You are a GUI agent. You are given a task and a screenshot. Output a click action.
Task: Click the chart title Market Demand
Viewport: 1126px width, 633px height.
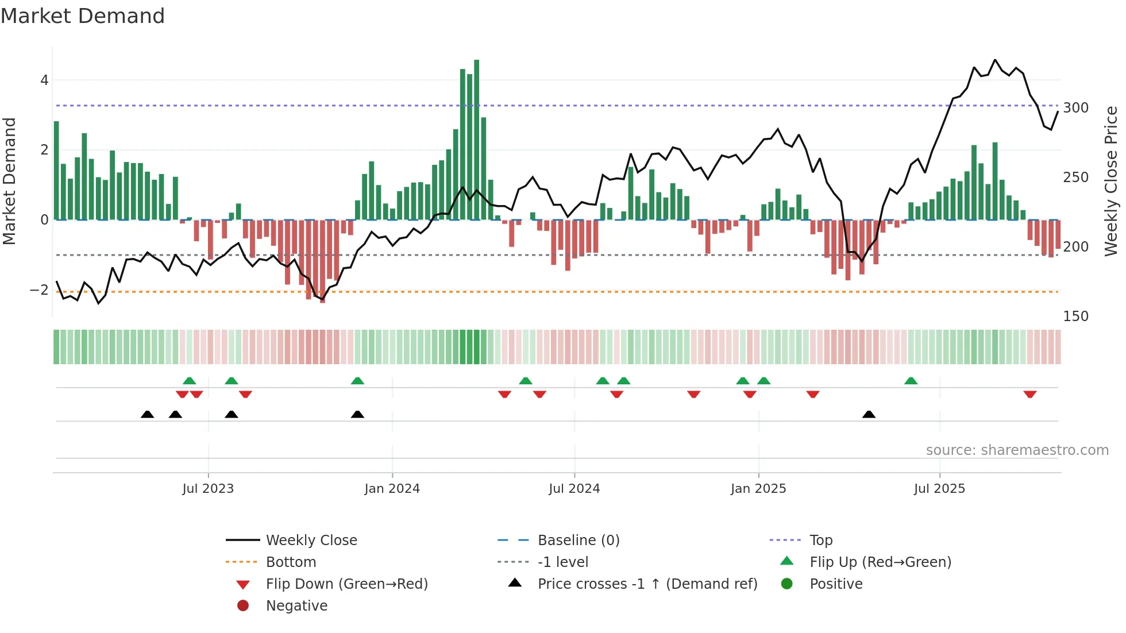pyautogui.click(x=83, y=16)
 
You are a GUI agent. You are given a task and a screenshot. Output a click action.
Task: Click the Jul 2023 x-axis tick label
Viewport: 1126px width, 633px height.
pyautogui.click(x=208, y=489)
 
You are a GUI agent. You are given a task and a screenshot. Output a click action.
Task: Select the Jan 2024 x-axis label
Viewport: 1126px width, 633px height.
pyautogui.click(x=392, y=489)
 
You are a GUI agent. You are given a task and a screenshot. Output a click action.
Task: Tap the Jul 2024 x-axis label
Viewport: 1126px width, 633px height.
pyautogui.click(x=574, y=489)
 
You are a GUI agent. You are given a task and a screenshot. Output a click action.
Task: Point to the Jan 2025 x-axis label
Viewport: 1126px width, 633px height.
pyautogui.click(x=758, y=489)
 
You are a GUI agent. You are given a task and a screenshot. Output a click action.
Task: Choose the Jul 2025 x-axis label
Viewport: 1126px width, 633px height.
pyautogui.click(x=939, y=489)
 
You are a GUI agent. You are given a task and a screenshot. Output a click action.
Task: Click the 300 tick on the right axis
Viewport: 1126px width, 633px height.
pyautogui.click(x=1075, y=108)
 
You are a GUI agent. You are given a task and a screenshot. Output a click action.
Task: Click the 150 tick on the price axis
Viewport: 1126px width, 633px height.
pyautogui.click(x=1075, y=317)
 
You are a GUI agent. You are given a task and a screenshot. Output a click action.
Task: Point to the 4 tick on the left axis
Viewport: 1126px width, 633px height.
pyautogui.click(x=44, y=80)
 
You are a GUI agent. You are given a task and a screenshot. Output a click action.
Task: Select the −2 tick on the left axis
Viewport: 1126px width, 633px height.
pyautogui.click(x=40, y=290)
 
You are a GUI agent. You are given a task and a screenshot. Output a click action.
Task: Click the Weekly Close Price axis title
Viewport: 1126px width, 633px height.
pyautogui.click(x=1111, y=181)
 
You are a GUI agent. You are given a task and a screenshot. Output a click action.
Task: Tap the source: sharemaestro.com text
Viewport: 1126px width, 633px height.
pyautogui.click(x=1017, y=450)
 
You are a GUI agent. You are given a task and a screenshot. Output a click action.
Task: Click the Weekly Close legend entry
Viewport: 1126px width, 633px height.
pyautogui.click(x=311, y=541)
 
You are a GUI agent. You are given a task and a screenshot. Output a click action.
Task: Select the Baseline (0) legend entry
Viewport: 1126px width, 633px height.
pyautogui.click(x=578, y=541)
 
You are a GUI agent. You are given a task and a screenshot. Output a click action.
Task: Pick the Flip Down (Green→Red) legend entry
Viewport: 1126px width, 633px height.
pyautogui.click(x=346, y=584)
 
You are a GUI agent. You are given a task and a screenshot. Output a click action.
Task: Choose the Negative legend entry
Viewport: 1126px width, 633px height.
pyautogui.click(x=296, y=606)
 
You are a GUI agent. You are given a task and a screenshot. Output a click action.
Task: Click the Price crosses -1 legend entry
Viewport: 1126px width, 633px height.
pyautogui.click(x=647, y=584)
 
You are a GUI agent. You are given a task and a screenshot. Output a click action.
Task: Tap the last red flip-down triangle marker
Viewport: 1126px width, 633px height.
pyautogui.click(x=1029, y=394)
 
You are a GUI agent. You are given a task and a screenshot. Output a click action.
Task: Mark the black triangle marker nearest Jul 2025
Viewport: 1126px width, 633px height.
pyautogui.click(x=869, y=415)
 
